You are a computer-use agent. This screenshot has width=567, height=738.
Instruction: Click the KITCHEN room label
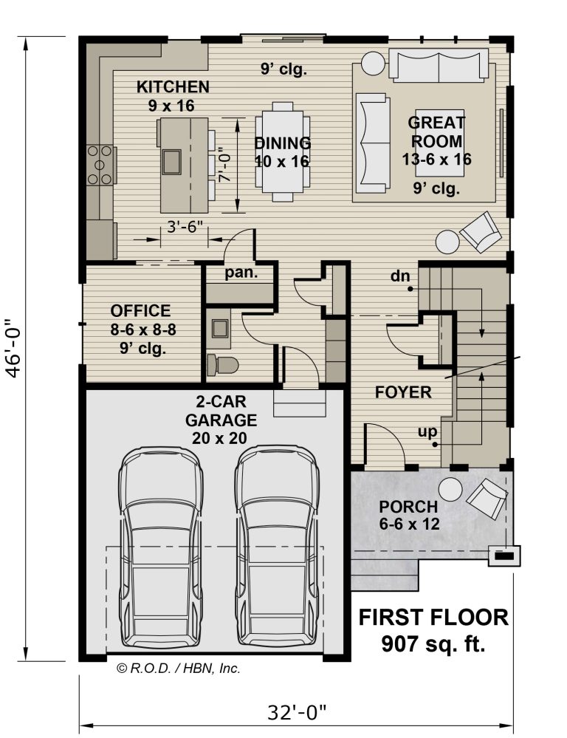173,87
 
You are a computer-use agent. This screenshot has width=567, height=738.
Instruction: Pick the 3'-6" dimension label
185,228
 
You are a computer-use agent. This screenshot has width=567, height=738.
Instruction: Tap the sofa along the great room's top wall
438,66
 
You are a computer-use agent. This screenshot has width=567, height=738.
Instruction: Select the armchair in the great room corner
481,232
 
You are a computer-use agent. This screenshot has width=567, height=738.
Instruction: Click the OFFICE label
141,310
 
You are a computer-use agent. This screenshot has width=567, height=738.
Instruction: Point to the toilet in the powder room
222,365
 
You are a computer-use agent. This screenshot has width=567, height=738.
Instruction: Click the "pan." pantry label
241,273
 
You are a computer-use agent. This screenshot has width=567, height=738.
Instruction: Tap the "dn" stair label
400,276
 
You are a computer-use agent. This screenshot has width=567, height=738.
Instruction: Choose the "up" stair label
427,431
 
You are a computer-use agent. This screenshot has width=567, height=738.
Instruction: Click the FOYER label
403,392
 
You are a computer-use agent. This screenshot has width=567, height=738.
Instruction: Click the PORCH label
408,507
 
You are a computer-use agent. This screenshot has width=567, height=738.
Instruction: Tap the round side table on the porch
450,490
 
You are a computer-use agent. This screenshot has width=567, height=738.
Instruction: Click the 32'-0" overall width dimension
297,712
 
